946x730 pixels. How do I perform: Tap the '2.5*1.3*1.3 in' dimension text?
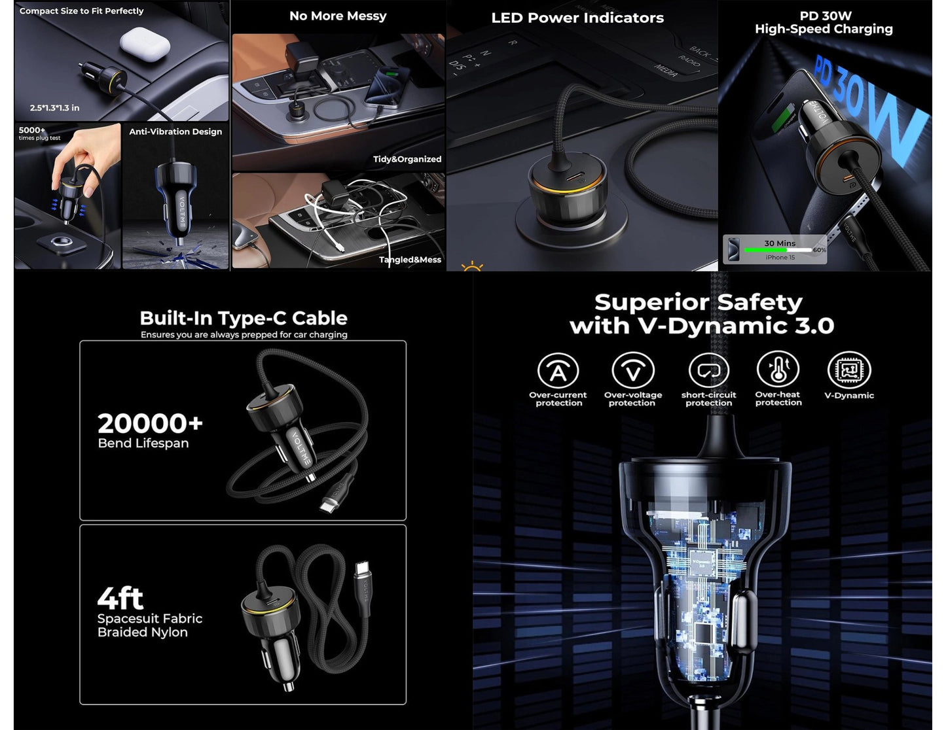54,108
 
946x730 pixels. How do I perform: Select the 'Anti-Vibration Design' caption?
175,131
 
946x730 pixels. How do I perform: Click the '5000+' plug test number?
32,130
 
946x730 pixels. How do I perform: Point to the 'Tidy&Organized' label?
407,159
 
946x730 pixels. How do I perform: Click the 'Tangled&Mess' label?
410,260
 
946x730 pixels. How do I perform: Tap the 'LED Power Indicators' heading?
577,18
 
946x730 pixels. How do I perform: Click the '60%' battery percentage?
819,250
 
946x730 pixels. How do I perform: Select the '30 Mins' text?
780,243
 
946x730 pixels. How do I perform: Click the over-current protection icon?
558,370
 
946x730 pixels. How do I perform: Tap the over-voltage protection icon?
632,370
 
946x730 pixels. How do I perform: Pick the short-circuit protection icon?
708,370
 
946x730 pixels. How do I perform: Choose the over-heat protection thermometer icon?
778,370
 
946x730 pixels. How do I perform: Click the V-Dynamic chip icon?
849,370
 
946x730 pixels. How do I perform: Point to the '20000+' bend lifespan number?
150,424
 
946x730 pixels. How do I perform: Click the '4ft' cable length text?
120,598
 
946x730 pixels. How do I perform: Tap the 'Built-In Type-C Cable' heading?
244,319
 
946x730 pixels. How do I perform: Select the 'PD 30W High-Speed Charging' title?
824,22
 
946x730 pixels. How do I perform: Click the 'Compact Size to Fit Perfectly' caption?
81,11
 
